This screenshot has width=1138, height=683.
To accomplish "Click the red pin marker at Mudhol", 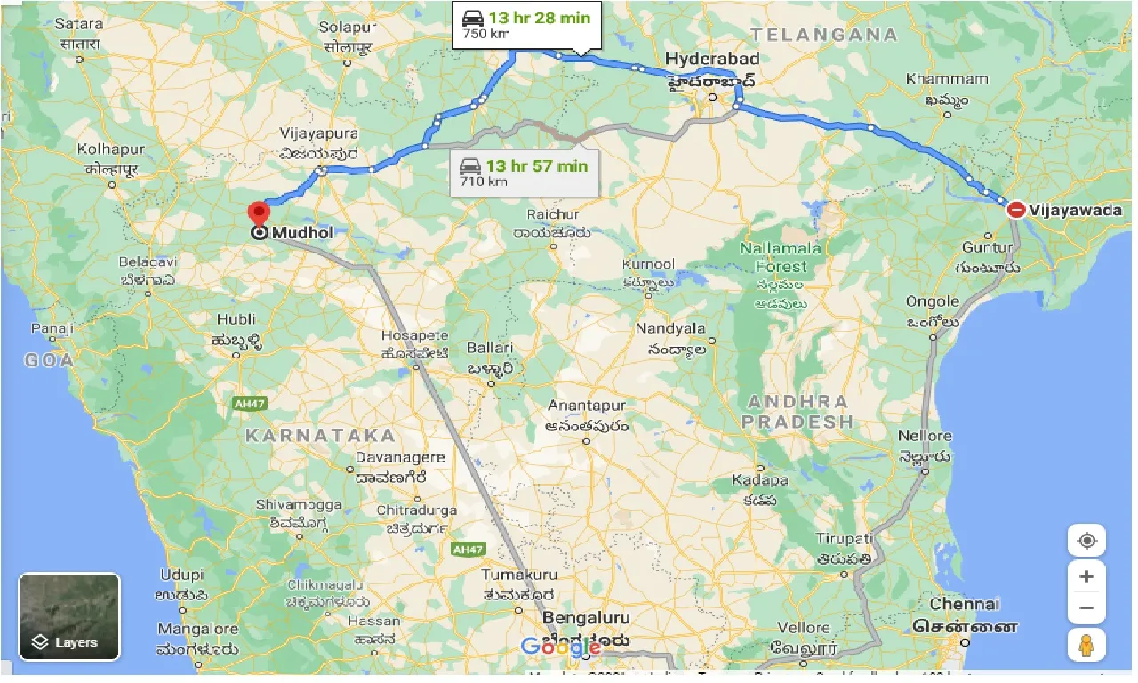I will [x=259, y=214].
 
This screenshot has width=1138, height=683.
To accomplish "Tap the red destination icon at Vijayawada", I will [x=1016, y=210].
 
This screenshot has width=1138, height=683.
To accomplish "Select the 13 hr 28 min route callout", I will [x=525, y=24].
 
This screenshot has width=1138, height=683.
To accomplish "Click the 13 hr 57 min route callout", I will [x=524, y=173].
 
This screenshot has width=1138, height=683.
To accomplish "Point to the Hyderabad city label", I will [x=712, y=59].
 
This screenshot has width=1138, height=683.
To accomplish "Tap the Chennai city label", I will [x=965, y=605].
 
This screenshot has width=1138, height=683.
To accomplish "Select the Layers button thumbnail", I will [x=69, y=616].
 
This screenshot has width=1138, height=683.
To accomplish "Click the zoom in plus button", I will [x=1086, y=576].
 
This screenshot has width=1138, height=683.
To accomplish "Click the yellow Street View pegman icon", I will [x=1086, y=645].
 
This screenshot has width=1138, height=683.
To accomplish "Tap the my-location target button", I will [x=1086, y=541].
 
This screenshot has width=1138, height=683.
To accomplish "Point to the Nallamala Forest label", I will [x=781, y=257].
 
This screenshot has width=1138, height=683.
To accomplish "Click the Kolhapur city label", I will [x=110, y=149].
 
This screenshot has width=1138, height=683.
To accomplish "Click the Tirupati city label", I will [x=845, y=539].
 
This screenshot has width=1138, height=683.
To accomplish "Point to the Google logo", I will [x=561, y=647].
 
